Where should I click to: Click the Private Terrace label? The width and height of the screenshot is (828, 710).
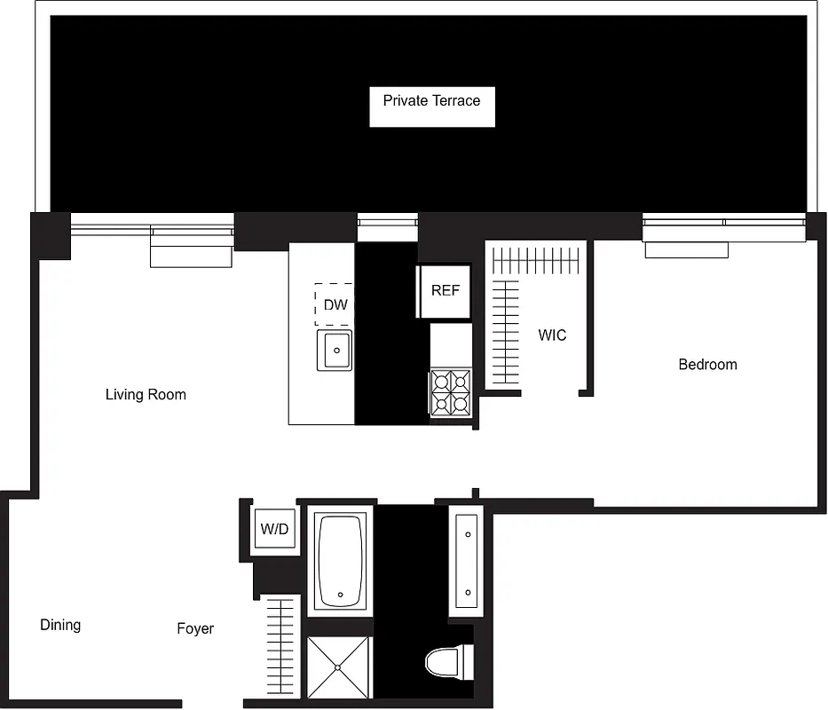431,101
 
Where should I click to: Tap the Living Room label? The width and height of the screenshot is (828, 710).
146,394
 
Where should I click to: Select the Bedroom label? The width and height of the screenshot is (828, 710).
707,364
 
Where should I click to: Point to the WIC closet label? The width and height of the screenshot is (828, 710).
551,335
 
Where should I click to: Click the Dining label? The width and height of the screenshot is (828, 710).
60,625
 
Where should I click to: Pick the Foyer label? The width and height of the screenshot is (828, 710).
195,628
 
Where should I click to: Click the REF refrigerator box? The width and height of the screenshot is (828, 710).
446,290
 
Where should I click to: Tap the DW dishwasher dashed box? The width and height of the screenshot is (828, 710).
335,304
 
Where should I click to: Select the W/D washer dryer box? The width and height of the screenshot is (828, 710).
274,530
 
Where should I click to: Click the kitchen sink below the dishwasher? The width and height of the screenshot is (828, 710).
335,350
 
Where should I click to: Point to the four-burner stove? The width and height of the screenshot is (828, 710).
451,393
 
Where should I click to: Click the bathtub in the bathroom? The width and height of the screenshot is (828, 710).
341,559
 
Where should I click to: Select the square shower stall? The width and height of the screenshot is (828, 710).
339,667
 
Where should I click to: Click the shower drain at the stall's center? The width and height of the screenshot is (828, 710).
339,668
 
